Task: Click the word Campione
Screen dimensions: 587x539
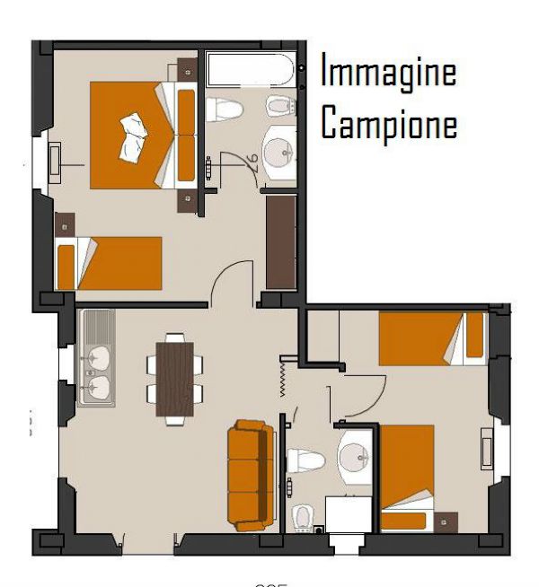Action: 388,124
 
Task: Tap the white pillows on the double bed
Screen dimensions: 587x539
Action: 134,132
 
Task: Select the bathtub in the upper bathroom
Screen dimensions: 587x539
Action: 250,71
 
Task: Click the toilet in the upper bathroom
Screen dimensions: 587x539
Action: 225,110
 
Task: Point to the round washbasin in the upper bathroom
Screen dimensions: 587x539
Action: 281,150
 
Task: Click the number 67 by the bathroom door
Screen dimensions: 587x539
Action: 252,161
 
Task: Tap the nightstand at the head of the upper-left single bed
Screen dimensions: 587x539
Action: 63,223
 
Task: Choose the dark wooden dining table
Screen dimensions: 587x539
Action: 174,379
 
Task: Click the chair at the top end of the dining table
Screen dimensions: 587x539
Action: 174,338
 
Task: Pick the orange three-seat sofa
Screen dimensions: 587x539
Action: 250,475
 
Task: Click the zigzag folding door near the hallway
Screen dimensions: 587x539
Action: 283,376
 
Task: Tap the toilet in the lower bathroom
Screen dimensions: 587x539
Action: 305,460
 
